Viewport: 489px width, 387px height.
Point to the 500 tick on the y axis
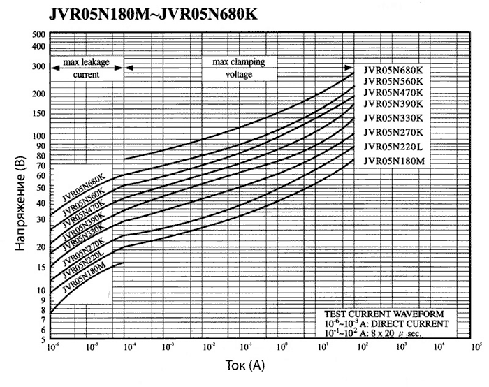click(38, 34)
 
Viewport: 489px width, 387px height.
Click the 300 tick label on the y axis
click(38, 66)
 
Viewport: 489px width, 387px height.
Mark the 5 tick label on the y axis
click(43, 339)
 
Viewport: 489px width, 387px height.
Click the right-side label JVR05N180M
click(393, 161)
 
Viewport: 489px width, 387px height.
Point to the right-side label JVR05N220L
click(393, 147)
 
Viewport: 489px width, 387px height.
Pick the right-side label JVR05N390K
click(393, 103)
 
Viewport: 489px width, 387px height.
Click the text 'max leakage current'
click(87, 68)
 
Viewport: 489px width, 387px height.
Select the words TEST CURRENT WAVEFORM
click(387, 312)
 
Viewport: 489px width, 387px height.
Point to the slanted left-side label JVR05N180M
click(85, 277)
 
